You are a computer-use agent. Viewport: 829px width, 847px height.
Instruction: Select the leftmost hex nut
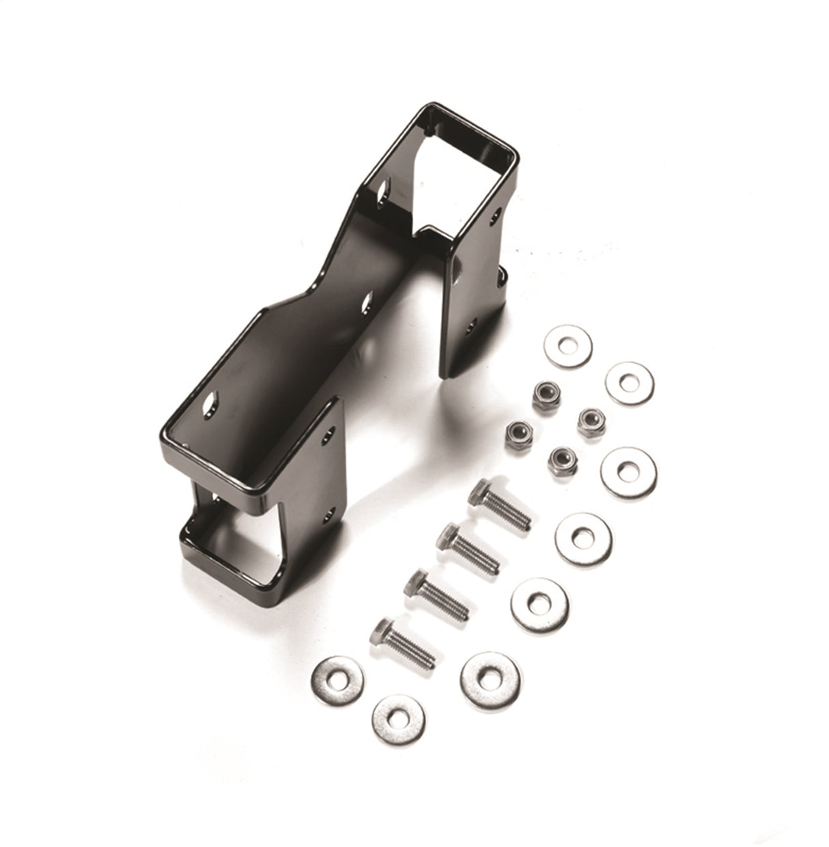point(519,433)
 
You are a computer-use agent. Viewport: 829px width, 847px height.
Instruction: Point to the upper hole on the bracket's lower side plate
point(331,434)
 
